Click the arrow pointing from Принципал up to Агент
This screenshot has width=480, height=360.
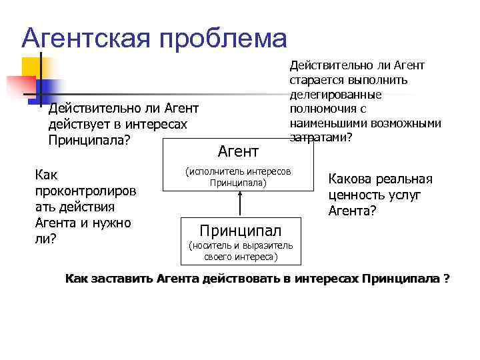[x=239, y=203]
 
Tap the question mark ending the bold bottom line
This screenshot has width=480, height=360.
[x=446, y=278]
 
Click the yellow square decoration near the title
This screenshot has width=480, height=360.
[x=32, y=67]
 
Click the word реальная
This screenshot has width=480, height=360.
[x=407, y=179]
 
